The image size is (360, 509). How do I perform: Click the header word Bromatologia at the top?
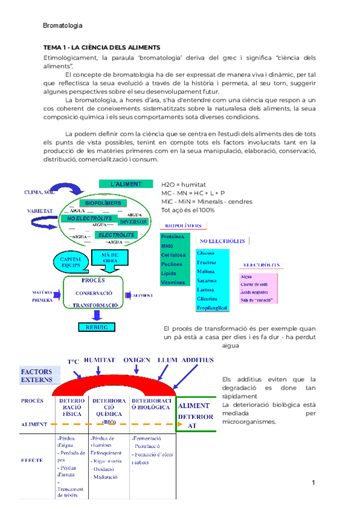pos(63,25)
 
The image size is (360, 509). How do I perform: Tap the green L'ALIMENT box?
pos(126,184)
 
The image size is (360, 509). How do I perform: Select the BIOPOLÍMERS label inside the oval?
pos(103,203)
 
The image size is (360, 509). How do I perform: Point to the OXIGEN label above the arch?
pos(137,360)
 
